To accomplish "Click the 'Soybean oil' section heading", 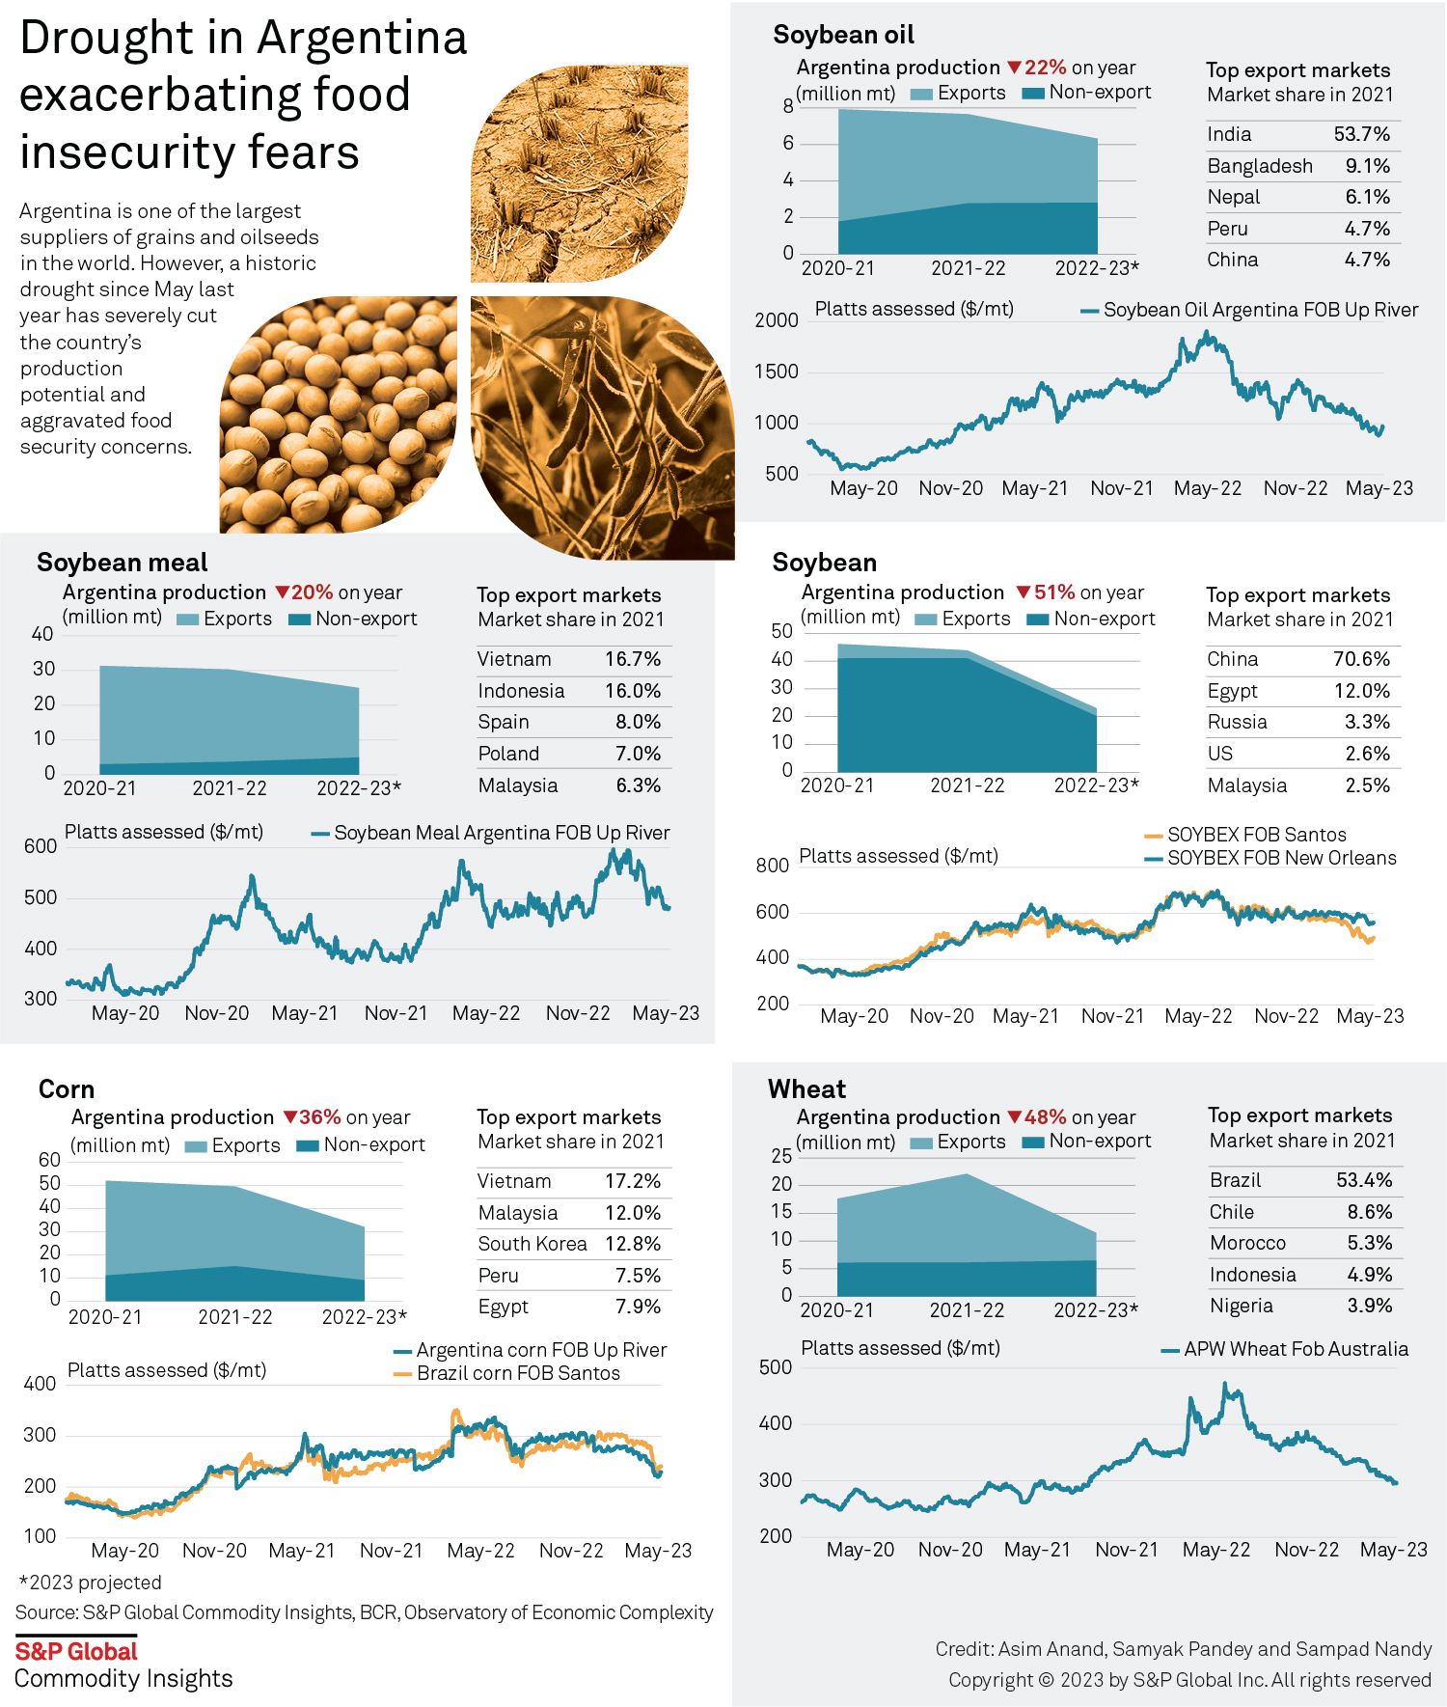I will click(843, 36).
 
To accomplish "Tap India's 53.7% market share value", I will click(1361, 134).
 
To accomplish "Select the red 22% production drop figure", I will click(1045, 68).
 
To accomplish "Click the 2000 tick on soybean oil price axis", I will click(777, 320).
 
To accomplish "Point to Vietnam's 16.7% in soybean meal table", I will click(633, 659).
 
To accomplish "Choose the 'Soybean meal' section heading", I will click(123, 563).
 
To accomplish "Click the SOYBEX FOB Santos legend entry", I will click(1255, 835).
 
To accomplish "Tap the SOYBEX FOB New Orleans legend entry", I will click(1280, 858).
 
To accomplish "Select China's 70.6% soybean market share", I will click(1361, 659).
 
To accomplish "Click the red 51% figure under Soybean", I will click(1053, 592).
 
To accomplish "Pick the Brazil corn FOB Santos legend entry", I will click(517, 1373).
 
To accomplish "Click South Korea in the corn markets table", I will click(532, 1244).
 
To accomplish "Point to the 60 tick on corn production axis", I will click(49, 1160).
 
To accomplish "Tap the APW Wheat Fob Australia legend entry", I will click(1295, 1349).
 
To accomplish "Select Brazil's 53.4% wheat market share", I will click(1364, 1180).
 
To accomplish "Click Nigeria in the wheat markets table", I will click(1242, 1306).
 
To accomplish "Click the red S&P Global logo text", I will click(76, 1651).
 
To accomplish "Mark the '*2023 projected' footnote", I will click(90, 1583).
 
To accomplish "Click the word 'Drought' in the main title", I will click(106, 39).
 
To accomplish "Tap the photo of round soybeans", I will click(338, 415).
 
